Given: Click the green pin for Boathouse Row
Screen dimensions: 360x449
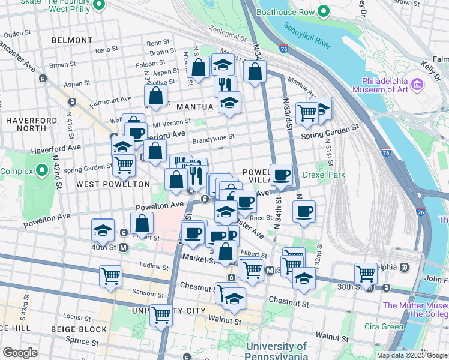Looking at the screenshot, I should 324,11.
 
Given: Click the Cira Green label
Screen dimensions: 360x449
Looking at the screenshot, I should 384,326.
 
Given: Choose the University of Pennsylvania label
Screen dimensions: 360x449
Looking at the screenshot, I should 276,351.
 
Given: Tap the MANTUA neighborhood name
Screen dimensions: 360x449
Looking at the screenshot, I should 195,106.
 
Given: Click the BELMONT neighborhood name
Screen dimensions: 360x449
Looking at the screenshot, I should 72,40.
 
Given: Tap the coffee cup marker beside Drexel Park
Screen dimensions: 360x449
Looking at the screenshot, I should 282,175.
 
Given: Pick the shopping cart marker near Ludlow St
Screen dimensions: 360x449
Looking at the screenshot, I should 110,276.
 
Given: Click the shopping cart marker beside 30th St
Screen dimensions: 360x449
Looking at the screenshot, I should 366,273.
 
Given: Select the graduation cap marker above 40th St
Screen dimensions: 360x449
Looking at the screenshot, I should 103,230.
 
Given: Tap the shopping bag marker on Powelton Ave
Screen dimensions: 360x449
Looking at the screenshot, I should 142,223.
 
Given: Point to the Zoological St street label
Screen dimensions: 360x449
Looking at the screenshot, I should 227,37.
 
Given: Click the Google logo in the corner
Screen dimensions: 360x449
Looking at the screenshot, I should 19,353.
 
